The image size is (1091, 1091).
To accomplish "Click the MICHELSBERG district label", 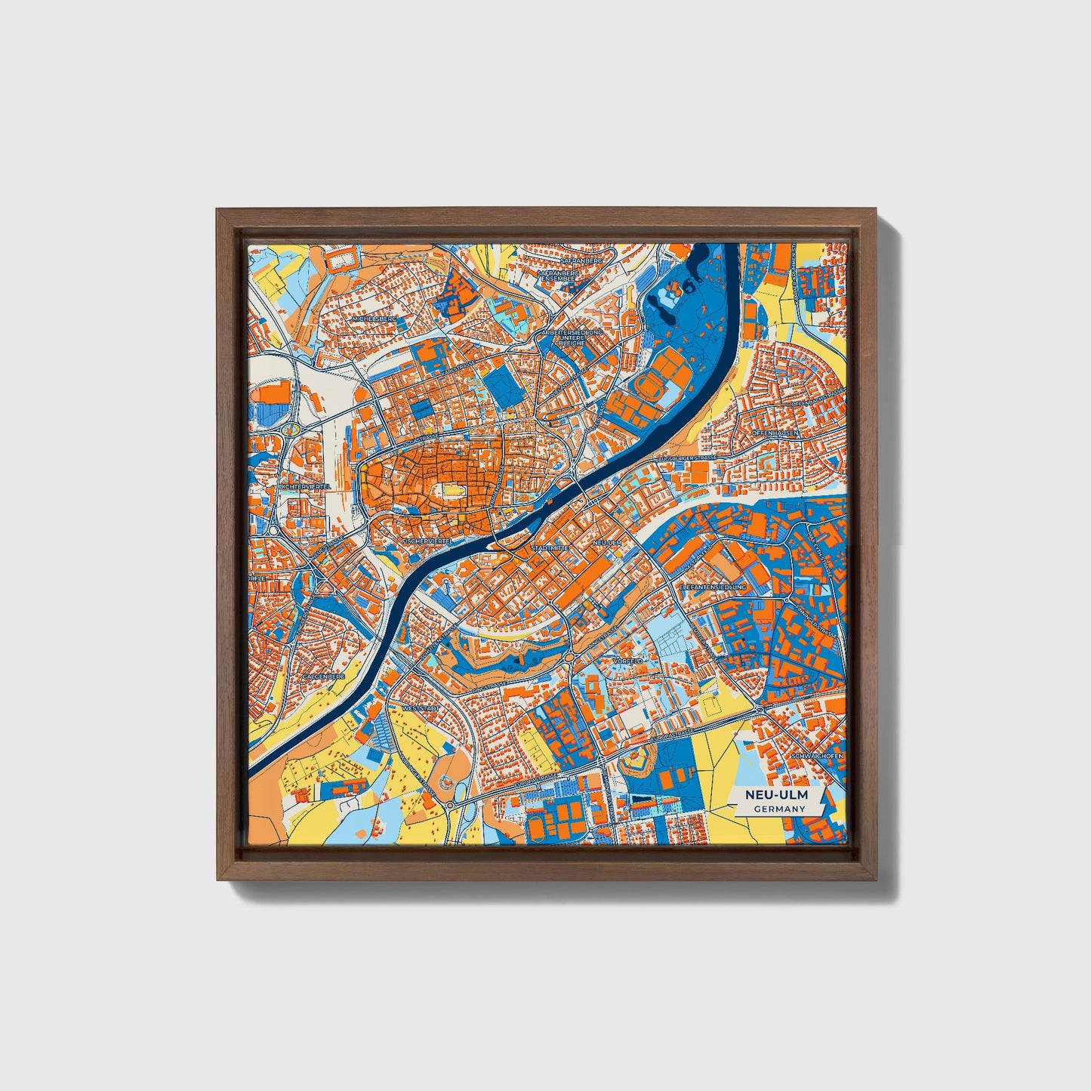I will pos(374,319).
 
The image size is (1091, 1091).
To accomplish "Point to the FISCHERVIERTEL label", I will pos(427,541).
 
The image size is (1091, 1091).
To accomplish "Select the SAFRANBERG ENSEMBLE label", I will pos(559,275).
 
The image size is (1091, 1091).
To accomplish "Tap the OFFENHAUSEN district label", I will pos(775,433).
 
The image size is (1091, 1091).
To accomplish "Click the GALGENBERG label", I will pos(324,677).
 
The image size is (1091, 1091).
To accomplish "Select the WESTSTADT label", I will pos(421,710).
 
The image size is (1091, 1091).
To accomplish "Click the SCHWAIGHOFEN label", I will pos(817,756).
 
